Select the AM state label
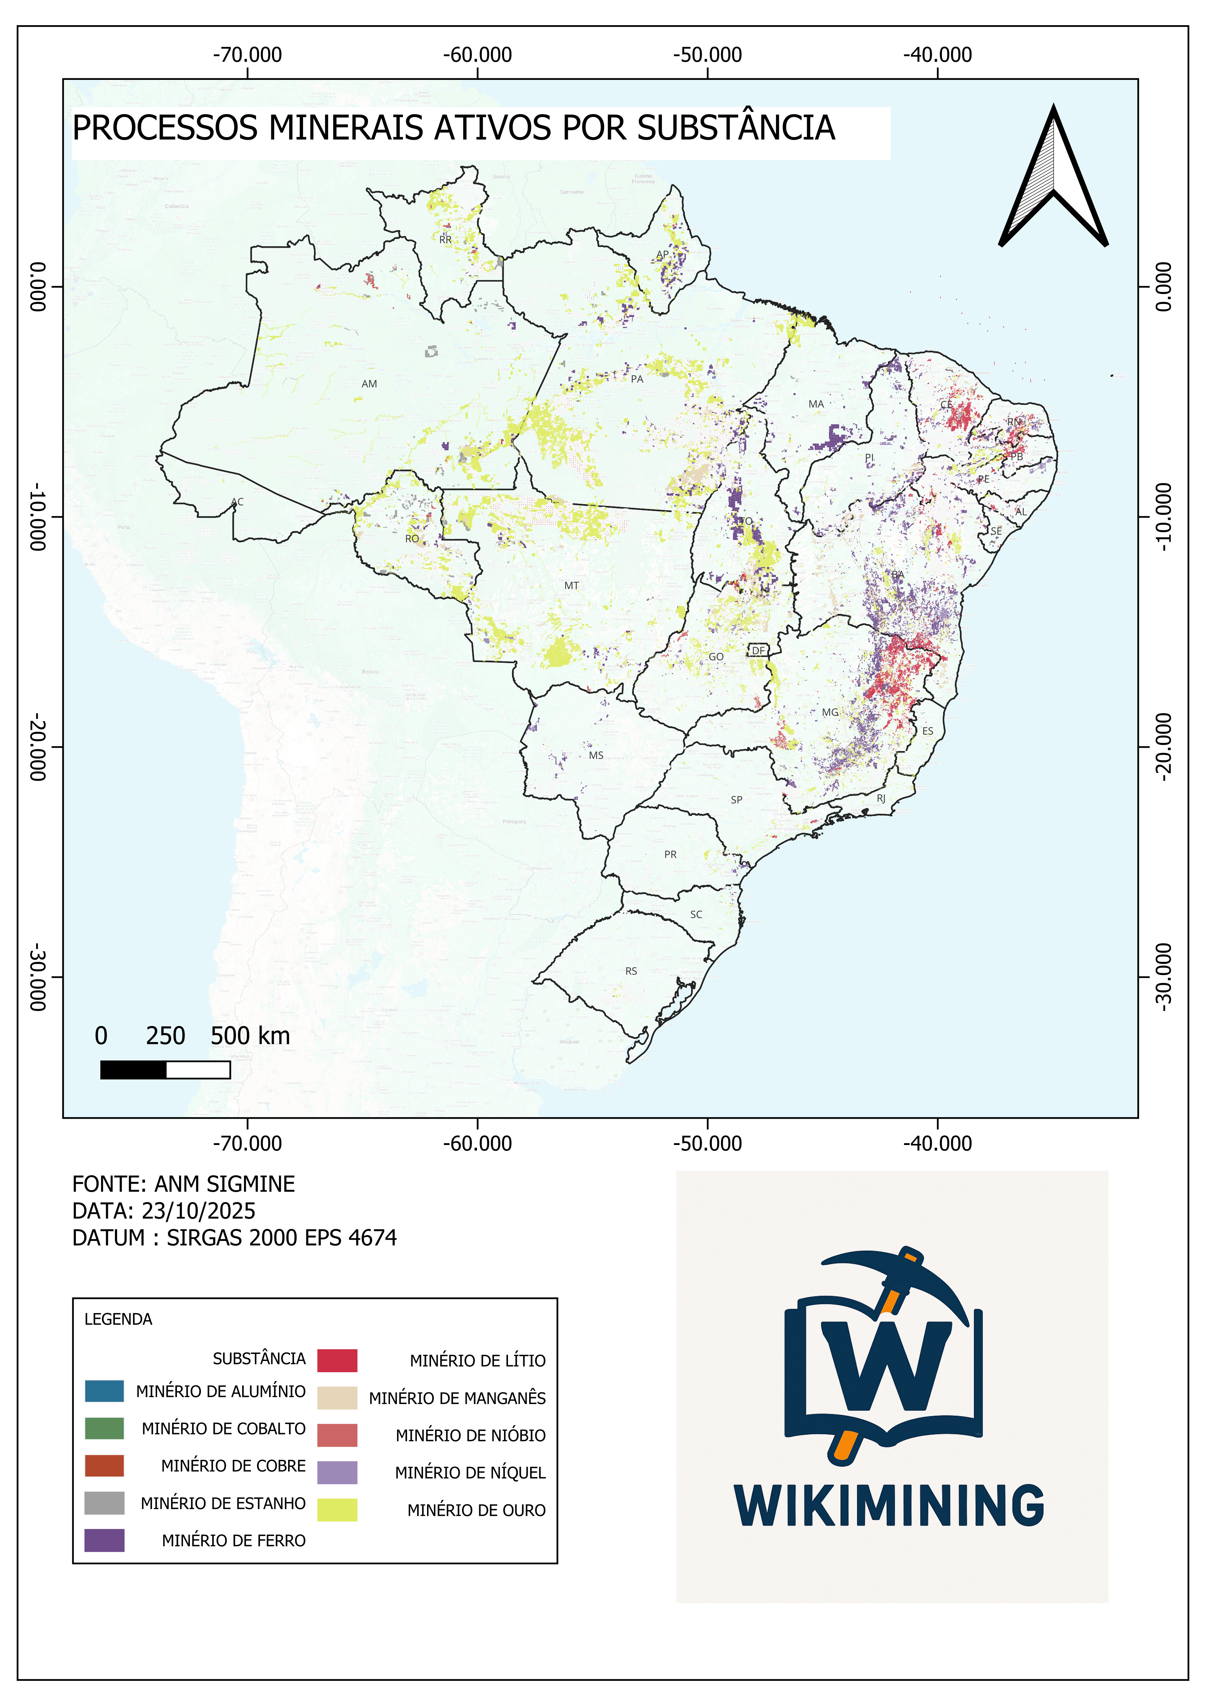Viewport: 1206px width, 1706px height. tap(369, 384)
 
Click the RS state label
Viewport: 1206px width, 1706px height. tap(631, 971)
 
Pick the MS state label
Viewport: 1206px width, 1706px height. tap(596, 756)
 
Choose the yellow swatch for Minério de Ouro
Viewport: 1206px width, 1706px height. tap(337, 1510)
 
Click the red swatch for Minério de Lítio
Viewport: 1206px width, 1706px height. tap(337, 1361)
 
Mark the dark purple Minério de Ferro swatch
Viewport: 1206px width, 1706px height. tap(104, 1540)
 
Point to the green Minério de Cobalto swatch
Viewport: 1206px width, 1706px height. tap(104, 1428)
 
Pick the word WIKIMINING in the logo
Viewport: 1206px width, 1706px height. tap(889, 1506)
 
